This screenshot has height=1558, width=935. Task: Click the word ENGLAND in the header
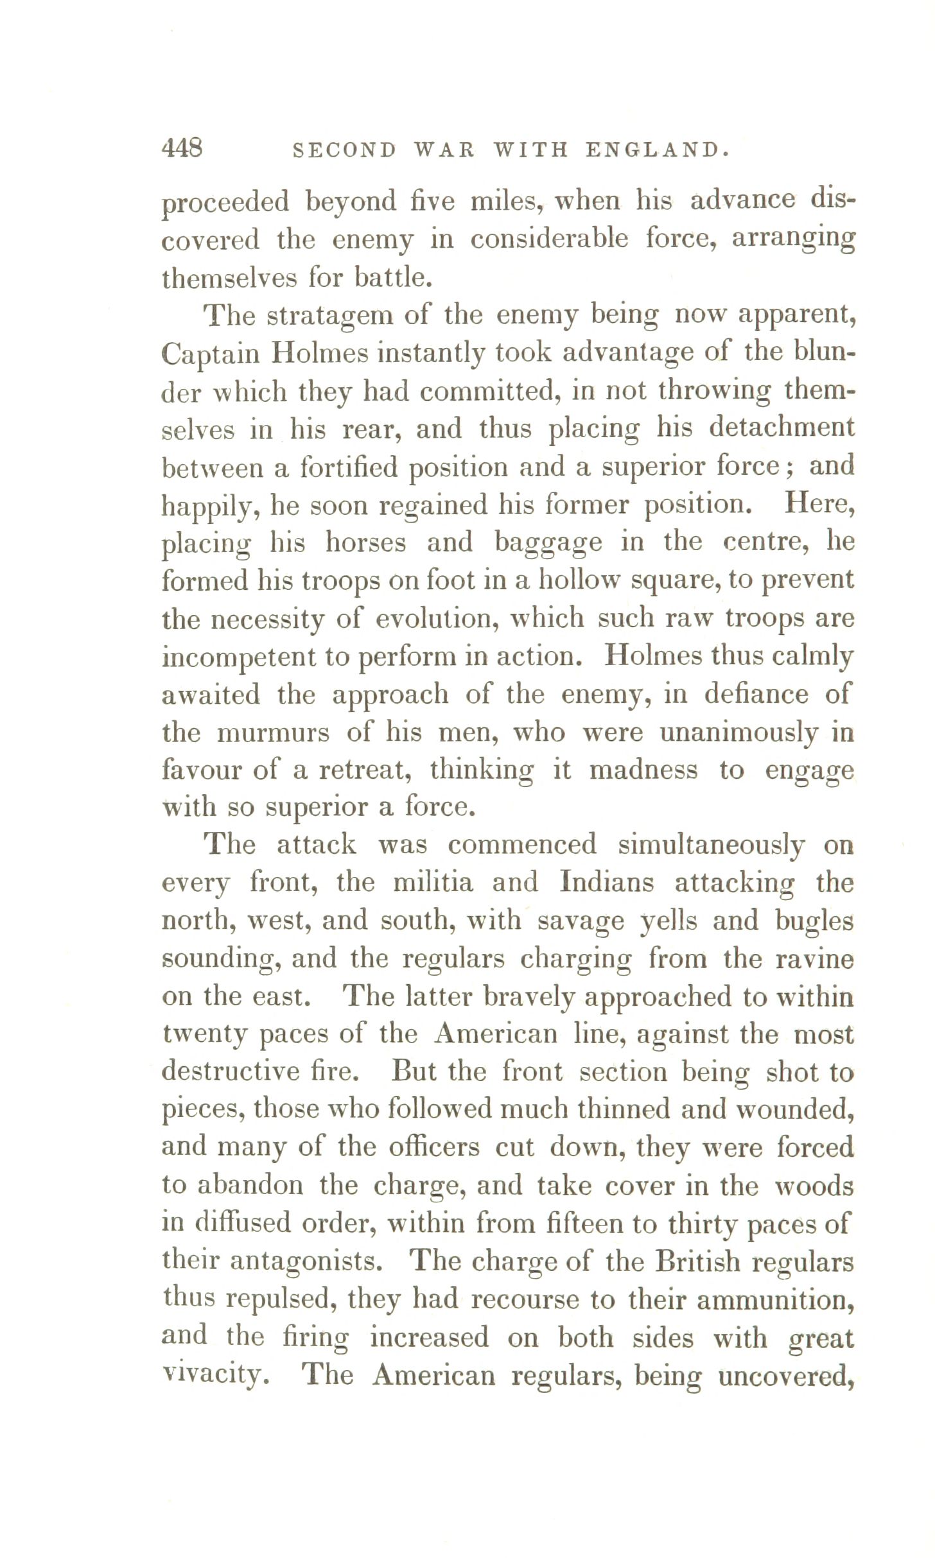pos(656,150)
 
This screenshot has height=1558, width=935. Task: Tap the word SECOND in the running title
pos(345,150)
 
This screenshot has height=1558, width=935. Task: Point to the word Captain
pos(210,354)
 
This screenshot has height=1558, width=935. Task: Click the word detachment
pos(782,428)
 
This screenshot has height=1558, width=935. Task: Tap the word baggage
pos(548,543)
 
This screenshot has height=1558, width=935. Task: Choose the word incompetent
pos(239,657)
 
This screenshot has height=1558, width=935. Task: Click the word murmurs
pos(274,732)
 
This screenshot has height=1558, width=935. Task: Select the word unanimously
pos(738,732)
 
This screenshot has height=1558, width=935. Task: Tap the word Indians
pos(607,883)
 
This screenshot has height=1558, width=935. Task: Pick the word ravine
pos(814,959)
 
